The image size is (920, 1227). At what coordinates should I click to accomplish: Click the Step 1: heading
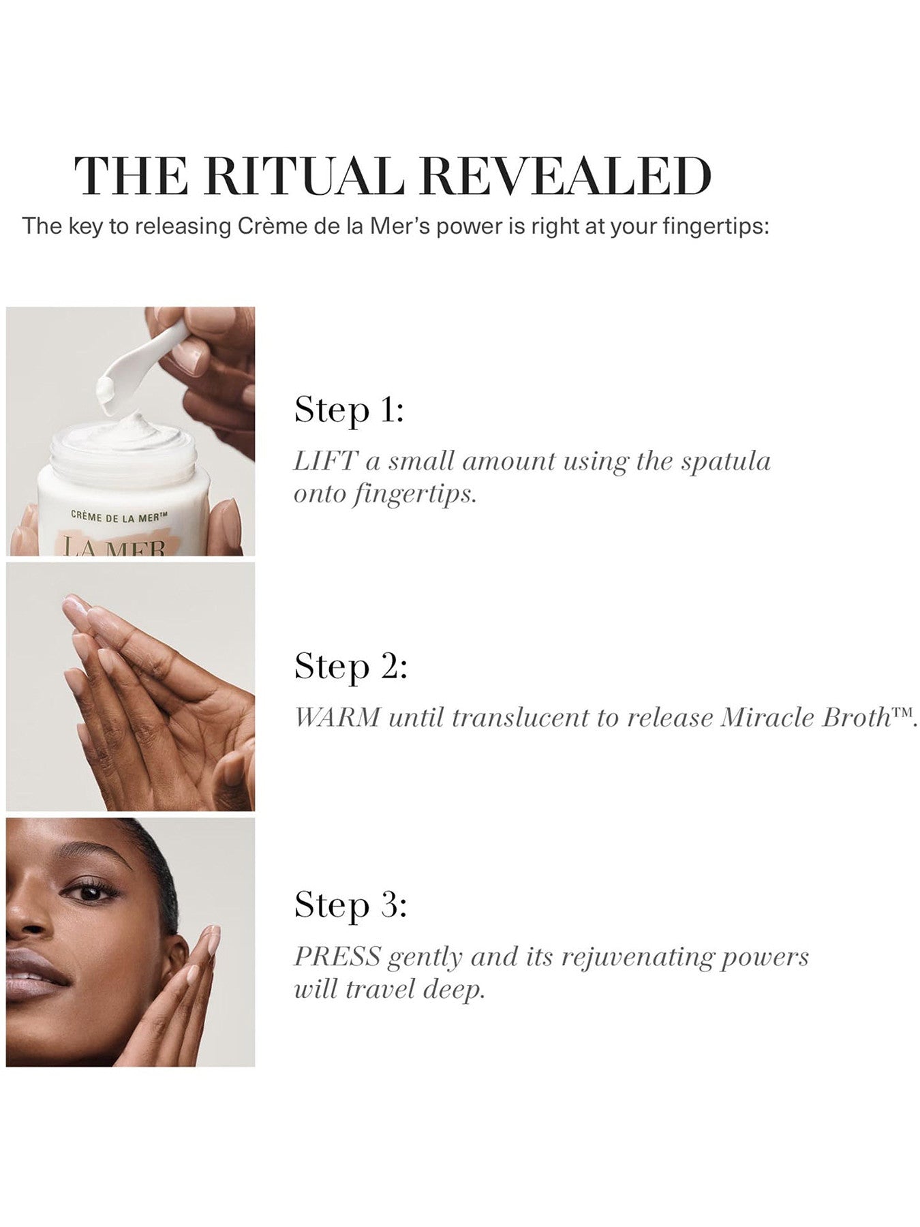[x=349, y=410]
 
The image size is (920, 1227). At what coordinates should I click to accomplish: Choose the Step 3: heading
[x=350, y=905]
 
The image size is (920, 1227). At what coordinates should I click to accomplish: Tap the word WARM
[x=337, y=717]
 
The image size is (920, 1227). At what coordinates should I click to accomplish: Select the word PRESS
[x=337, y=956]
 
